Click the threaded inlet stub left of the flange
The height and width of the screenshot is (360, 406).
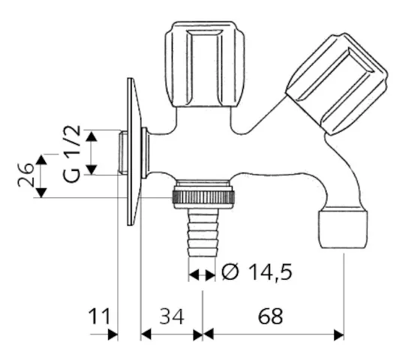124,153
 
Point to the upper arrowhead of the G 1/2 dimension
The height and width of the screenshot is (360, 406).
91,135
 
